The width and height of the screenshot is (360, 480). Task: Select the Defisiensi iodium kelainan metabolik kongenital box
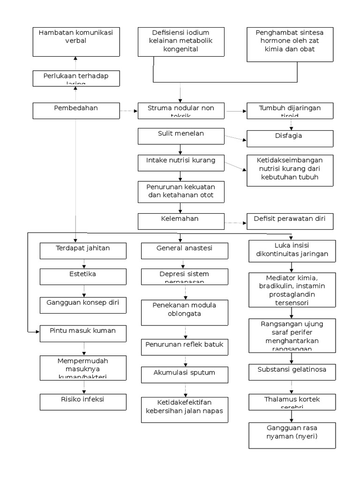click(x=180, y=42)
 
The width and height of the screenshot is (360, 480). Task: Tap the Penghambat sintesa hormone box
click(x=290, y=45)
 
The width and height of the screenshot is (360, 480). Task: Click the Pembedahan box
click(x=76, y=111)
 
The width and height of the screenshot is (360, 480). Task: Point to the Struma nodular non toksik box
click(x=180, y=111)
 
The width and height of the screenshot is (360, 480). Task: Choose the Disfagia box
click(x=290, y=138)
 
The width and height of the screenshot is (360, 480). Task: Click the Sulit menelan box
click(x=180, y=136)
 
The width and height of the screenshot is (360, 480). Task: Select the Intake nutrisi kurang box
click(x=180, y=162)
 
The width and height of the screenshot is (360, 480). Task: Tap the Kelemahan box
click(x=180, y=221)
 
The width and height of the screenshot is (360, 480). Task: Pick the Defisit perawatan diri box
click(x=290, y=221)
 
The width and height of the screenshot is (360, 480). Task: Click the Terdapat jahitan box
click(x=83, y=250)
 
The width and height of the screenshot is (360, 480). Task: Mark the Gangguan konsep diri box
click(x=83, y=305)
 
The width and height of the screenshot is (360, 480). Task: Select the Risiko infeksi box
click(x=83, y=402)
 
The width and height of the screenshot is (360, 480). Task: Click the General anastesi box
click(x=184, y=250)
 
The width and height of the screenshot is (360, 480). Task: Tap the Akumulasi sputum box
click(x=184, y=375)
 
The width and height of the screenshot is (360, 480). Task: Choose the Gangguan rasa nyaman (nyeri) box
click(x=292, y=435)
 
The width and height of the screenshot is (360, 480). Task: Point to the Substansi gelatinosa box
click(x=292, y=372)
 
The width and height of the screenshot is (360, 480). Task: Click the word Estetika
click(x=83, y=274)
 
